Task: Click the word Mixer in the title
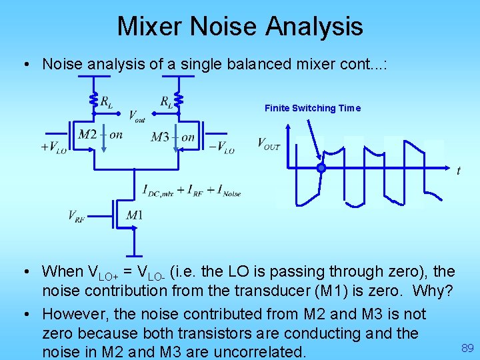coord(150,27)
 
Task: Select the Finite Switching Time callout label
coord(312,108)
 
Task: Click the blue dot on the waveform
coord(321,169)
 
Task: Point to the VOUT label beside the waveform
coord(269,143)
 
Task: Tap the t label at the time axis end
coord(459,171)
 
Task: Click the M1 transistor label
coord(134,215)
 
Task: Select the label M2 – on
coord(100,135)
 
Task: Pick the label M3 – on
coord(173,137)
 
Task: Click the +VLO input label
coord(54,148)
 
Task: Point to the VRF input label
coord(77,215)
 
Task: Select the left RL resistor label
coord(107,101)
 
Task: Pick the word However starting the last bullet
coord(77,313)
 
